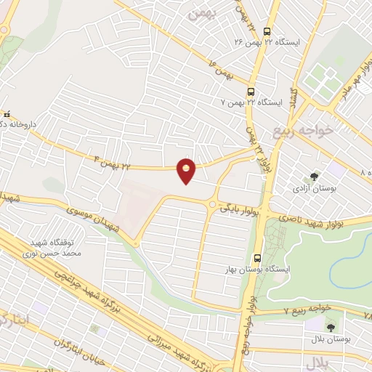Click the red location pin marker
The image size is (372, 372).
[187, 170]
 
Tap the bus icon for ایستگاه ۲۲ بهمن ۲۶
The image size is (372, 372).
[267, 32]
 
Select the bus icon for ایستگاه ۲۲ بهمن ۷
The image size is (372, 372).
[251, 92]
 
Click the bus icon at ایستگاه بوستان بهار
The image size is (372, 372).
[258, 258]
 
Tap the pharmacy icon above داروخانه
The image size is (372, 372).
[7, 114]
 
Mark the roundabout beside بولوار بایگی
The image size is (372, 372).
[211, 205]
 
